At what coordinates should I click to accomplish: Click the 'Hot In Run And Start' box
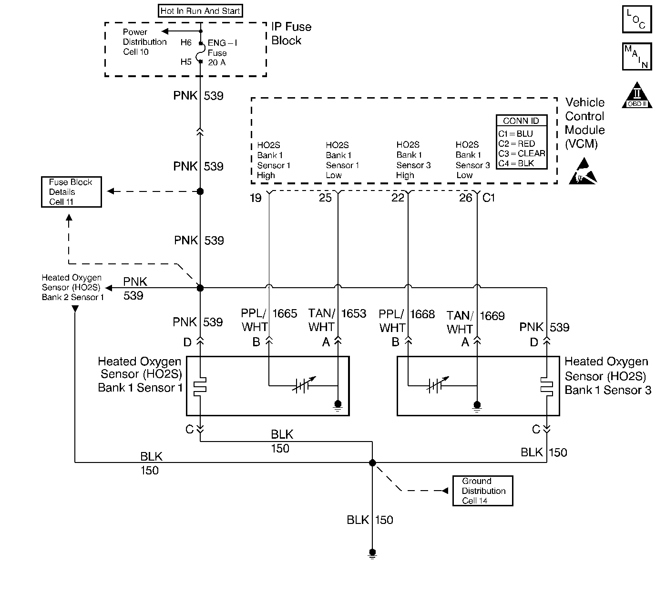click(200, 11)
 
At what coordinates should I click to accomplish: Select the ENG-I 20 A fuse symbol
click(201, 52)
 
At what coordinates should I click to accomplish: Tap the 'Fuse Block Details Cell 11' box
click(71, 192)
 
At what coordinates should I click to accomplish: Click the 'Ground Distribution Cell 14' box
click(482, 491)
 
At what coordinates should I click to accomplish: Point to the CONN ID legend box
click(521, 142)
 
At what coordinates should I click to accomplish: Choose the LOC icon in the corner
click(636, 19)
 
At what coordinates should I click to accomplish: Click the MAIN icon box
click(636, 57)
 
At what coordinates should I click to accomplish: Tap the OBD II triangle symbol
click(637, 95)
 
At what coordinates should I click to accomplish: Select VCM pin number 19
click(256, 198)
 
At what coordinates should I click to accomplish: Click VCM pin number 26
click(465, 198)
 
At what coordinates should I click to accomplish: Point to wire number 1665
click(285, 314)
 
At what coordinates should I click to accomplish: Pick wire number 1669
click(492, 316)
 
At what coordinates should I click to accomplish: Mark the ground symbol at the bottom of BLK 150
click(372, 553)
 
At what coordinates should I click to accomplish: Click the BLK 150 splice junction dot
click(372, 462)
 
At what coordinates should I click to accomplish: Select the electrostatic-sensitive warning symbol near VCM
click(583, 172)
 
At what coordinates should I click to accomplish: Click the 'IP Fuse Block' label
click(291, 34)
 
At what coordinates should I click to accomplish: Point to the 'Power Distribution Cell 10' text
click(144, 42)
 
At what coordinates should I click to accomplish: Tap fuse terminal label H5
click(186, 62)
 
